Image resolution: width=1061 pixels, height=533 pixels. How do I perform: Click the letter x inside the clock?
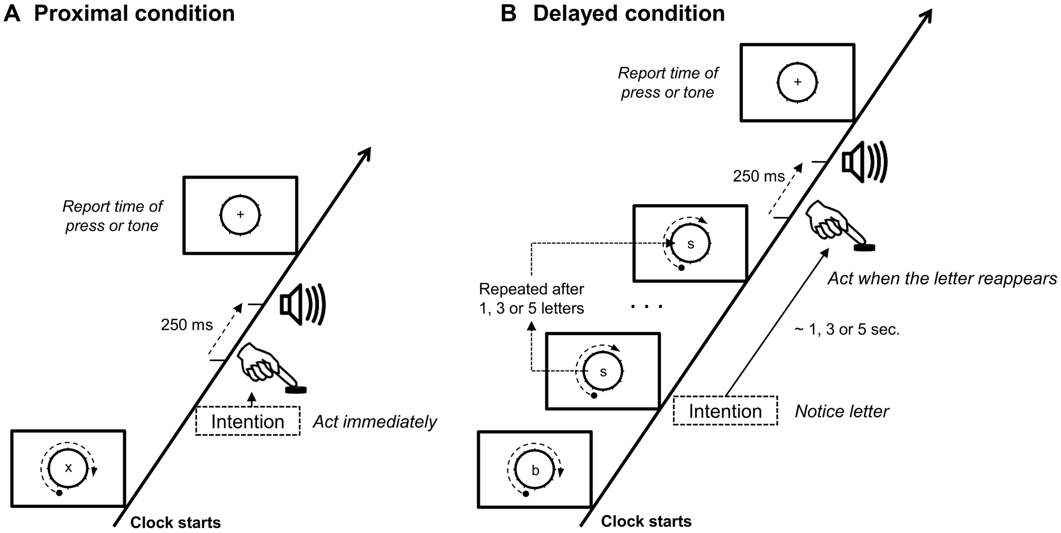pos(68,468)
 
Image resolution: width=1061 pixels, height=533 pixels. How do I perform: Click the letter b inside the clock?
pos(535,470)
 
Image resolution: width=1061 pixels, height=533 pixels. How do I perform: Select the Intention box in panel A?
pos(248,421)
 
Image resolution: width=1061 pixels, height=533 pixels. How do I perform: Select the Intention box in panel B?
pos(725,411)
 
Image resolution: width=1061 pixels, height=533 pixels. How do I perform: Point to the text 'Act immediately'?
pos(375,422)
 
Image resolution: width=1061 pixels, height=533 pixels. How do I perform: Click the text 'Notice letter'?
pos(842,411)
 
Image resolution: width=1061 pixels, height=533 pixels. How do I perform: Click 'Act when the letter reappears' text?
pos(942,279)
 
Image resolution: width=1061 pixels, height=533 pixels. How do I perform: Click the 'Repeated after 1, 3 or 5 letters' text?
pos(531,299)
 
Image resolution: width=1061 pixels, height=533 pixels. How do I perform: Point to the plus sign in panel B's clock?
pos(797,82)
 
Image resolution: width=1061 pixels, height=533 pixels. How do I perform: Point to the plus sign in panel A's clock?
pos(240,215)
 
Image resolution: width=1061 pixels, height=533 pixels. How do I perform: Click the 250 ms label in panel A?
pos(187,325)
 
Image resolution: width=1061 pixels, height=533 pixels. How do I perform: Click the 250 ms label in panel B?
pos(759,176)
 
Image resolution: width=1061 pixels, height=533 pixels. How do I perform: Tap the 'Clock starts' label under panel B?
pos(646,522)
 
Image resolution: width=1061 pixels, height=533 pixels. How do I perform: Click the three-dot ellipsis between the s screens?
pos(646,307)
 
